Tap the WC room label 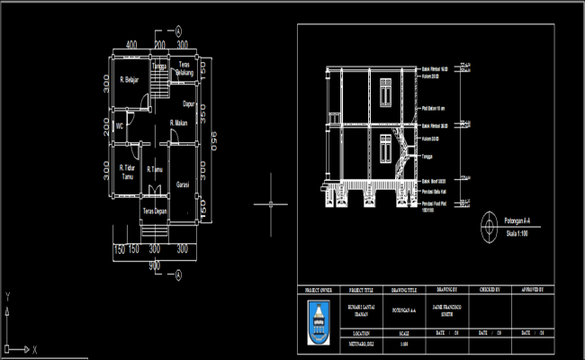(x=119, y=127)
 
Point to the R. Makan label (x=180, y=122)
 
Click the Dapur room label (x=189, y=103)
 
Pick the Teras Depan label (x=154, y=211)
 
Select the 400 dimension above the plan (x=131, y=44)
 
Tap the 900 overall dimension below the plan (x=155, y=265)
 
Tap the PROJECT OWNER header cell (x=319, y=292)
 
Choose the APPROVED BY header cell (x=537, y=292)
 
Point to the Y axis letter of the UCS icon (x=7, y=295)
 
